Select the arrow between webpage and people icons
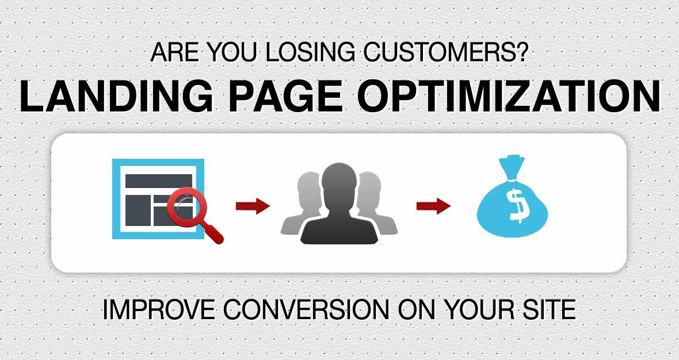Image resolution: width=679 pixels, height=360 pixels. (253, 205)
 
